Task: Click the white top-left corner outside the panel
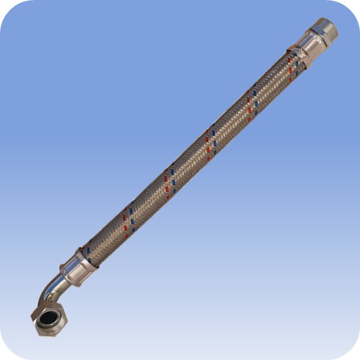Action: pyautogui.click(x=2, y=2)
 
